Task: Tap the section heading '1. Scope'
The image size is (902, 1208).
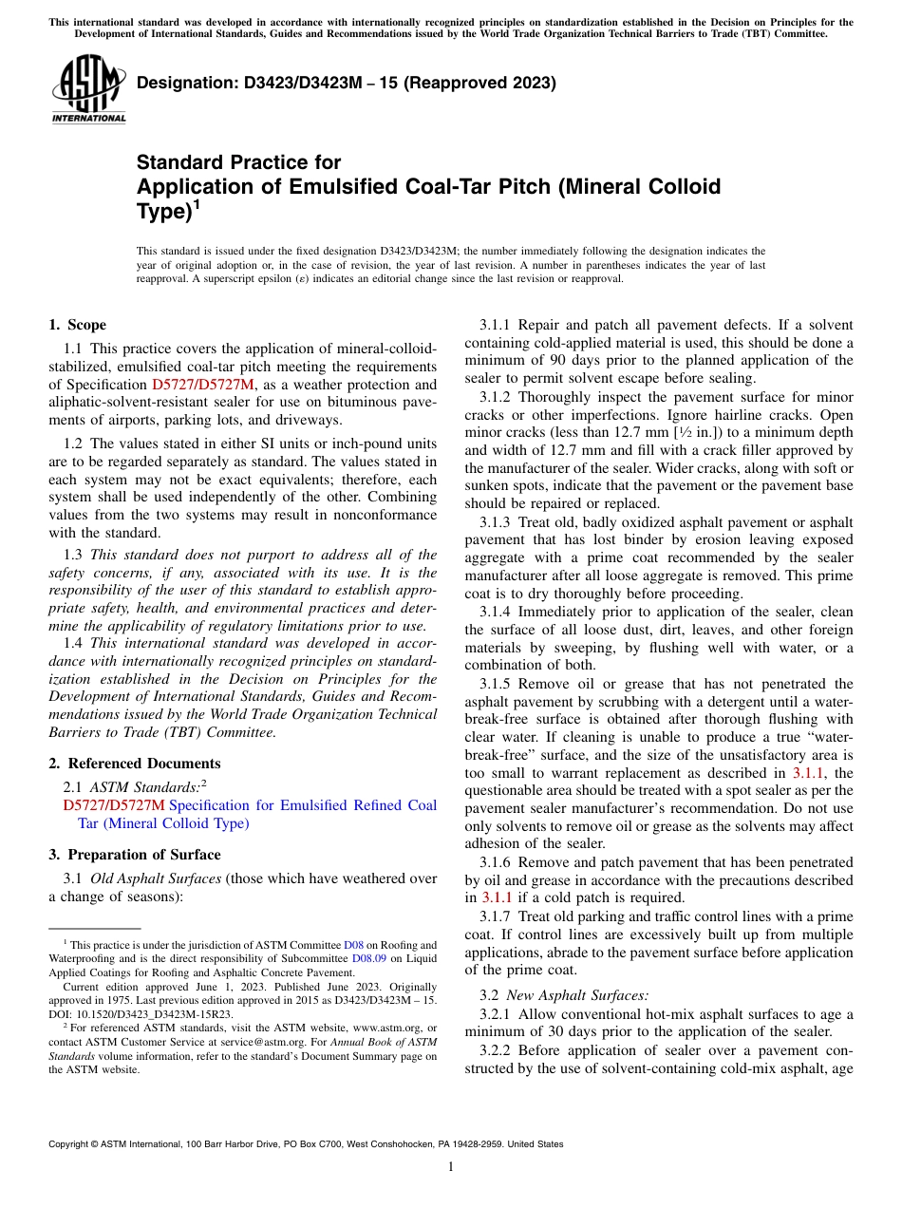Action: [x=78, y=325]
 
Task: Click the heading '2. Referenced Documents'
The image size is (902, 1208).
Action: [x=135, y=764]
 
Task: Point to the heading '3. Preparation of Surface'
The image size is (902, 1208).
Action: [x=135, y=854]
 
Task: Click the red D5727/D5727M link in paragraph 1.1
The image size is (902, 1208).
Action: [x=203, y=385]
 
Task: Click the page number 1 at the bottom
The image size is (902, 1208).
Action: [x=451, y=1166]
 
